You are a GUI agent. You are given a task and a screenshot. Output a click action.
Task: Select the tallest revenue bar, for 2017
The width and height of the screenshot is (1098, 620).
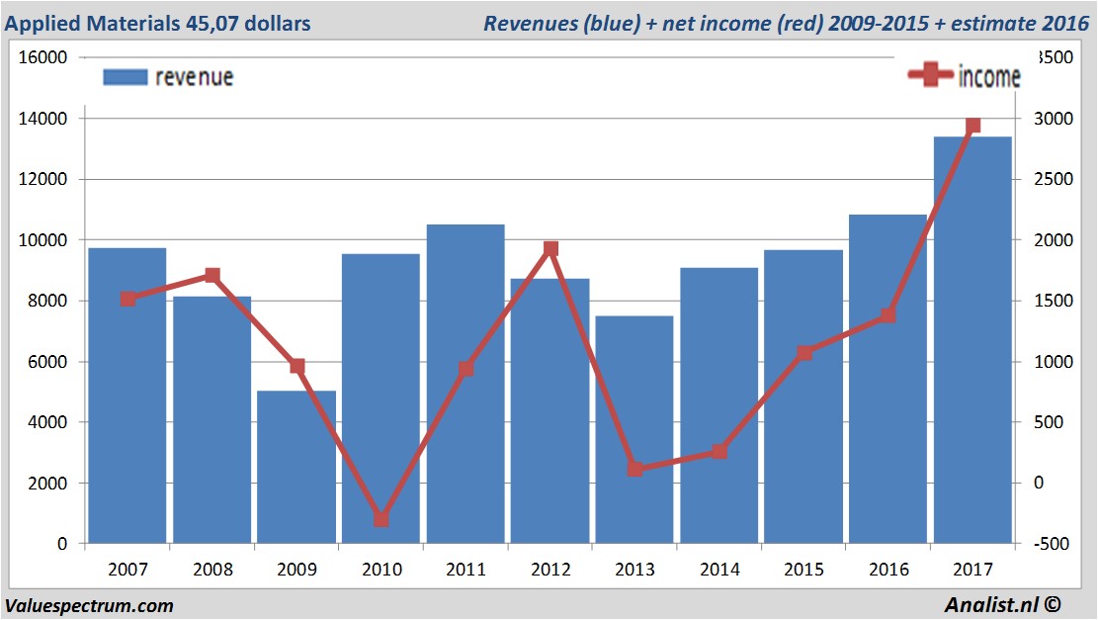(x=972, y=340)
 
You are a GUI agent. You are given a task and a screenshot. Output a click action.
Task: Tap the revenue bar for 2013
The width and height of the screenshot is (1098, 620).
(x=634, y=429)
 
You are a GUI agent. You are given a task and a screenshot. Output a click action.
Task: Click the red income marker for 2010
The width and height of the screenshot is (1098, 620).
(x=381, y=519)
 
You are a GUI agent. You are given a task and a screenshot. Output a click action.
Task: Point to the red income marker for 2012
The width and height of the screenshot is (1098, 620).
(x=550, y=249)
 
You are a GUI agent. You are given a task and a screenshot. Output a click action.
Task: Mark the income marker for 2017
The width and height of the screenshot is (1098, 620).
(x=972, y=126)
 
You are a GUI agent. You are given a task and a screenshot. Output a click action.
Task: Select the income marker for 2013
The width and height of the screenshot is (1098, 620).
(x=634, y=469)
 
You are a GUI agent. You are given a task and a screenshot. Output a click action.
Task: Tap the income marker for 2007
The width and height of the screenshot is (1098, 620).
(x=127, y=299)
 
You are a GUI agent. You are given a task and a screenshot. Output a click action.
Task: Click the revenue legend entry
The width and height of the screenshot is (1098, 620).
(x=168, y=77)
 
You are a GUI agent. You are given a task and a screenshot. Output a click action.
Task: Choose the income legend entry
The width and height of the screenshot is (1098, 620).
(x=964, y=76)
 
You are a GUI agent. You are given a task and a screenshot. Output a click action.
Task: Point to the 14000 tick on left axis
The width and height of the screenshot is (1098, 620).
(x=43, y=119)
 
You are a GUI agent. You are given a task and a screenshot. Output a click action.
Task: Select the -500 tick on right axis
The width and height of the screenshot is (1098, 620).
(x=1049, y=544)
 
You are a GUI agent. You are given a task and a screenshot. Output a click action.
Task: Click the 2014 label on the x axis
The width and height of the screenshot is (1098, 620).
(x=719, y=570)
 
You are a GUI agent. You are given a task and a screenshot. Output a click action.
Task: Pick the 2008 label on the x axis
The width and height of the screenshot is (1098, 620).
(x=212, y=570)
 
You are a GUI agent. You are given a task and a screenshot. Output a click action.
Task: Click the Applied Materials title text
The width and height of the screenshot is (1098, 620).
(x=159, y=23)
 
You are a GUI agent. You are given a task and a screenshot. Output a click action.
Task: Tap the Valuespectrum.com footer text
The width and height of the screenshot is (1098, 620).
(x=89, y=605)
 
